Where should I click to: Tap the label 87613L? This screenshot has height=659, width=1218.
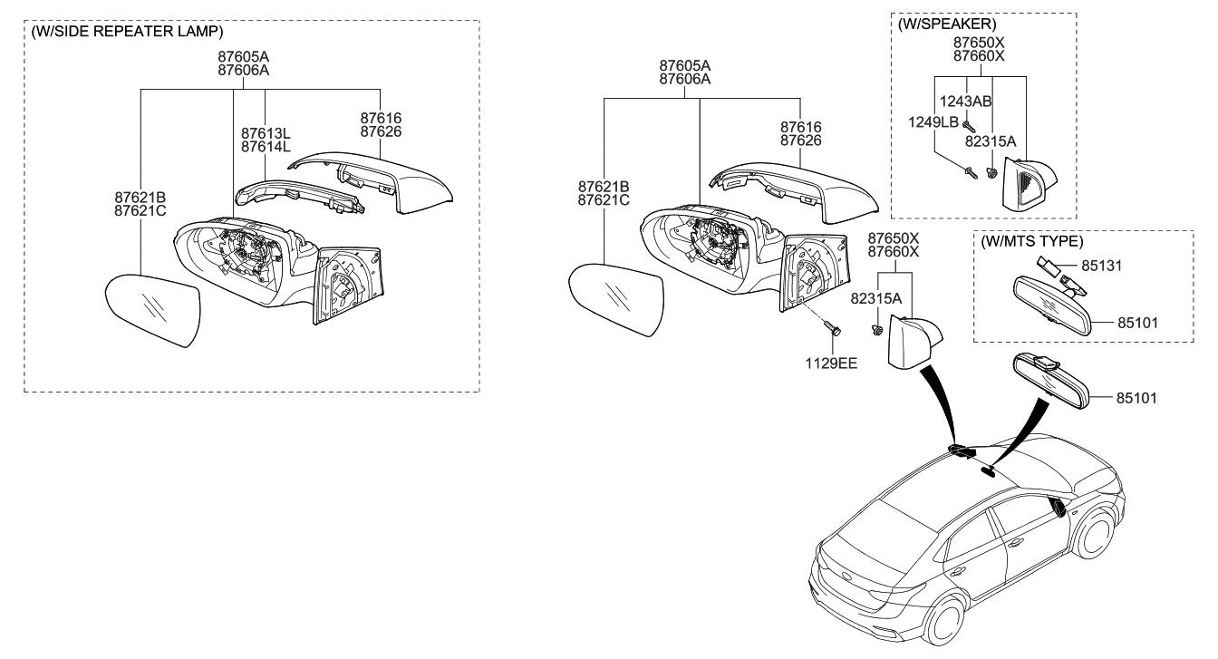266,133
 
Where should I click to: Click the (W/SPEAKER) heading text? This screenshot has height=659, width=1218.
945,24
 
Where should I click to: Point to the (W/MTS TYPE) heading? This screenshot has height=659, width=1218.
1031,242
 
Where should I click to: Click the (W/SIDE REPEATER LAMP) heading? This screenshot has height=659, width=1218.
126,32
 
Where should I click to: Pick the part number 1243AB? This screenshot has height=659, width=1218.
990,102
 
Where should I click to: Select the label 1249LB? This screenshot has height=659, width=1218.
933,121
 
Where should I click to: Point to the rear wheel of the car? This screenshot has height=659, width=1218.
942,621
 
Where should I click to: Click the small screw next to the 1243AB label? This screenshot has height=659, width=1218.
969,125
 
